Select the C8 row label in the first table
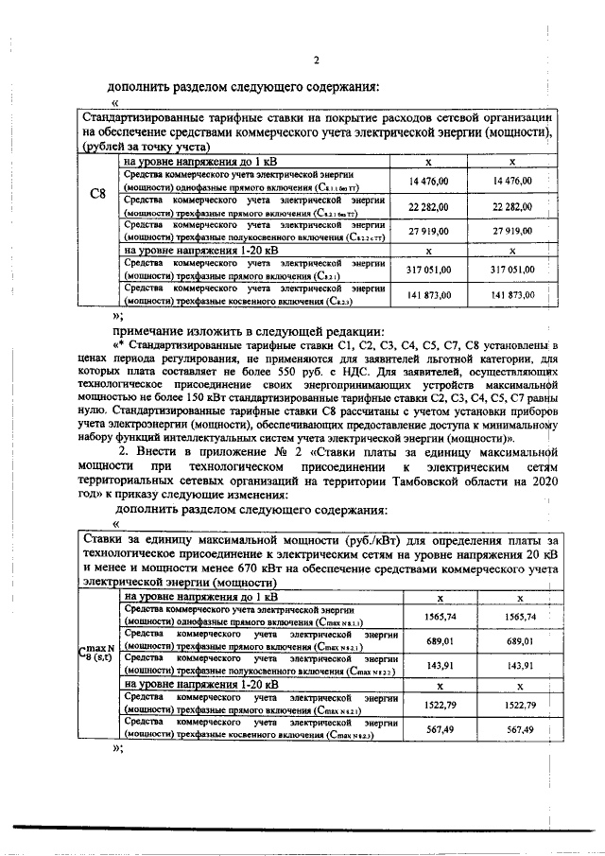tap(96, 195)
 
